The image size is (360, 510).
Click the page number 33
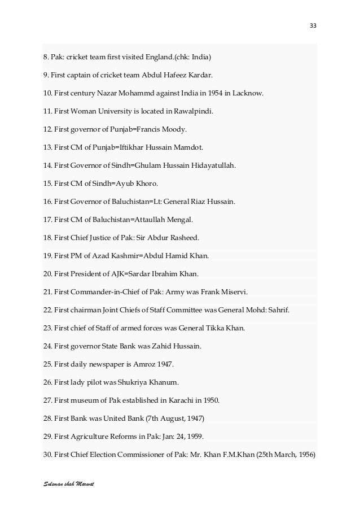coord(313,25)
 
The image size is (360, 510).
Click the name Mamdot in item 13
coord(188,147)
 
